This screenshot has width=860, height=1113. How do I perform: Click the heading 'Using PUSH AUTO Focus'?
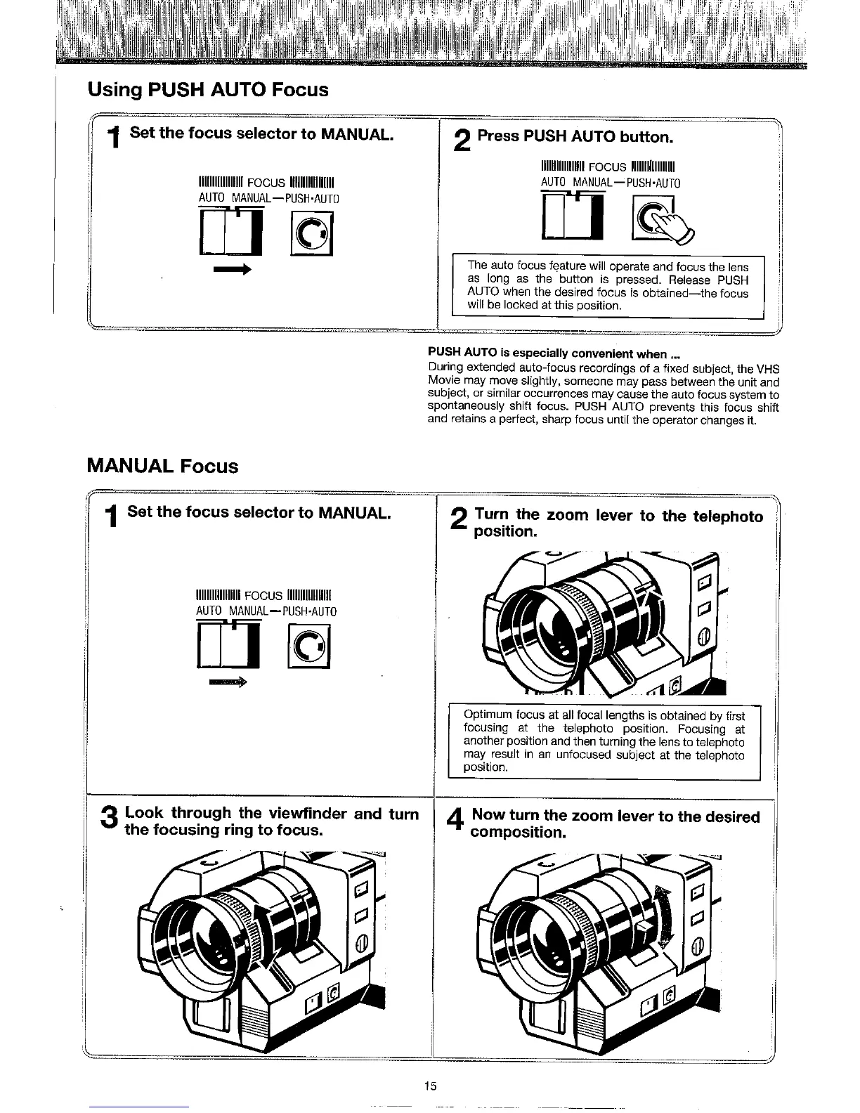(207, 90)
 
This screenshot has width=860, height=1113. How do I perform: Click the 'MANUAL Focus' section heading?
(162, 467)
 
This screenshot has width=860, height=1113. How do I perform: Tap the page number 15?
(430, 1086)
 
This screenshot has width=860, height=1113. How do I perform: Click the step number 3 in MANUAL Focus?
(109, 819)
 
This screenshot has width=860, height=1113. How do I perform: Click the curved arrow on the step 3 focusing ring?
(260, 926)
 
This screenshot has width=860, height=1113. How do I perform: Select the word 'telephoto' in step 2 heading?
(728, 517)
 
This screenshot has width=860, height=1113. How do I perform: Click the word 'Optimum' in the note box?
(487, 716)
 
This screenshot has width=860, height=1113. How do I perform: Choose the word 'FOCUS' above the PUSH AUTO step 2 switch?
(607, 167)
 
